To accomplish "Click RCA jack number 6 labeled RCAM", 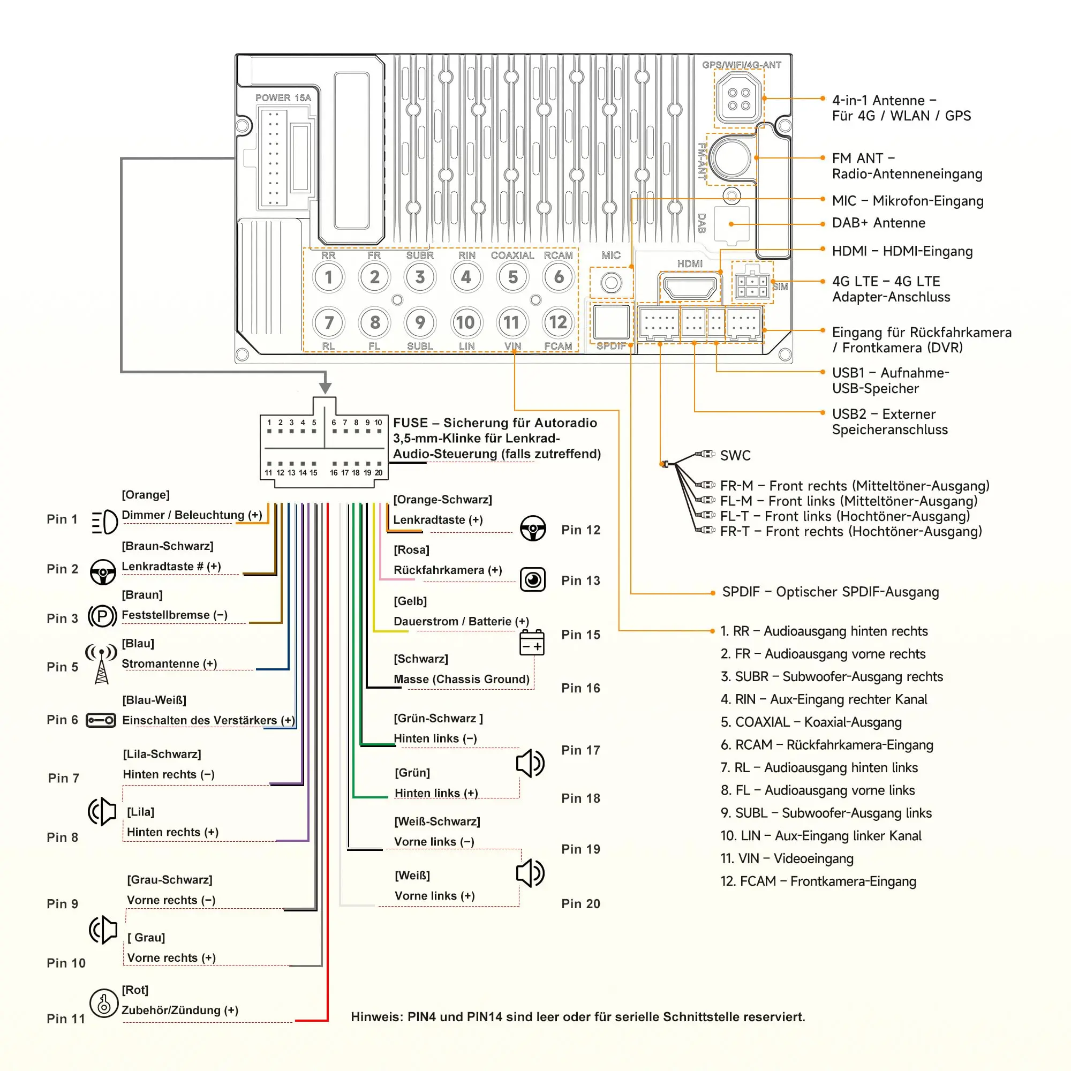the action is (x=558, y=277).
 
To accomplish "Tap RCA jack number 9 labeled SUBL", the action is (x=420, y=322).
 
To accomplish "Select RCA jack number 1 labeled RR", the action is (x=328, y=277).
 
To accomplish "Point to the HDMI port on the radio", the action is (x=690, y=287).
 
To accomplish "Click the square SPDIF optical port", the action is (x=611, y=322).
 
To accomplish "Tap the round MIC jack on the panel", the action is (x=611, y=283).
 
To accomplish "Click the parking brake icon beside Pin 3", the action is (x=103, y=616).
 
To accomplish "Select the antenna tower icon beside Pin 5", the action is (x=101, y=663).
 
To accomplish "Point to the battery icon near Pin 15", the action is (x=532, y=643).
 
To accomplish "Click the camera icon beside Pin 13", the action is (x=533, y=580).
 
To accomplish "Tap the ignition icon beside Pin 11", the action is (x=104, y=1004).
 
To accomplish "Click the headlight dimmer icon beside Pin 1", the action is (x=104, y=522).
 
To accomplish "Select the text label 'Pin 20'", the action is (x=580, y=903).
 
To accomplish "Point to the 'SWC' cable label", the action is (x=735, y=456).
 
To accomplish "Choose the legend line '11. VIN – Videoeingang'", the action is (x=787, y=859).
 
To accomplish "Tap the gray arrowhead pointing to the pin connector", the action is (x=326, y=387).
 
